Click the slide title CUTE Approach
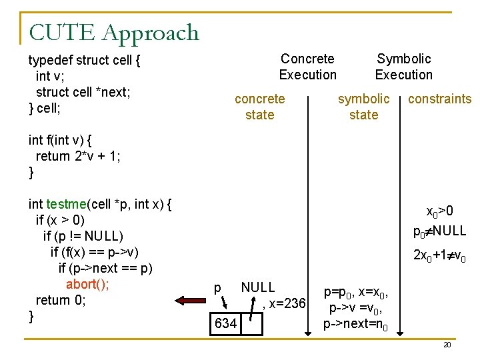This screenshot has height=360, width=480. point(113,32)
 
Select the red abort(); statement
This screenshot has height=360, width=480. point(87,284)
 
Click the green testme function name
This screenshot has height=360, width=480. point(65,204)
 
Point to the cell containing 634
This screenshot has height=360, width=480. point(225,323)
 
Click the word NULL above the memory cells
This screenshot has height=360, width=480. point(257,287)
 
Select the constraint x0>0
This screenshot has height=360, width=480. point(440,211)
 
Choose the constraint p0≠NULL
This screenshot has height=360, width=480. point(439,231)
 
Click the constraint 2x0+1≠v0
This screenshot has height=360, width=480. point(439,255)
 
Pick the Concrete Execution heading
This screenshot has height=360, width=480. point(307,67)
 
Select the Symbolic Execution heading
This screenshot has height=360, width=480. point(403,67)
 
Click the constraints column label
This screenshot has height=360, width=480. point(439,99)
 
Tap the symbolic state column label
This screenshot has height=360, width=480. point(363,107)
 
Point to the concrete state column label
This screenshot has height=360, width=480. point(259,107)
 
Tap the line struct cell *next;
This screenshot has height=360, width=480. point(83,92)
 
